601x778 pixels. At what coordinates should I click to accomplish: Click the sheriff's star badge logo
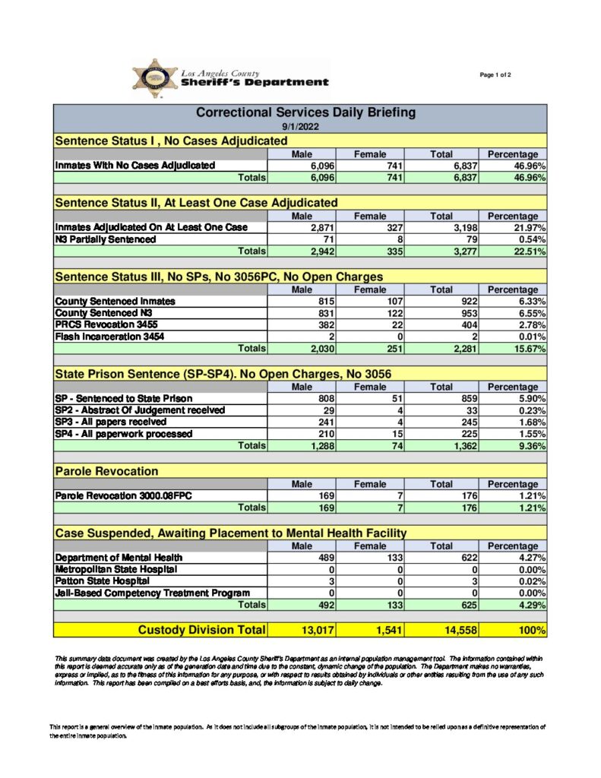[x=154, y=79]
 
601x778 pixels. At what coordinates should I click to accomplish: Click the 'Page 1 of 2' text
[x=495, y=74]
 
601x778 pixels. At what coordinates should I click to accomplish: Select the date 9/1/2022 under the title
[x=300, y=126]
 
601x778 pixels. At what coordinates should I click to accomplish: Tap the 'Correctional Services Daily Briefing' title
[x=305, y=112]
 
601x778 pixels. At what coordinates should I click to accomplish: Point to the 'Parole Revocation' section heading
[x=106, y=472]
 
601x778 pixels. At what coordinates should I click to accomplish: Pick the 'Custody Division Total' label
[x=201, y=630]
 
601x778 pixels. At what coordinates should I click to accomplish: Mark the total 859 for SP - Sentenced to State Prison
[x=463, y=398]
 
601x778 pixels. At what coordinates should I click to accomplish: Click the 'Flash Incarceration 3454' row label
[x=109, y=337]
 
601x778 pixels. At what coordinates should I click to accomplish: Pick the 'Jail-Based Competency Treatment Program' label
[x=152, y=593]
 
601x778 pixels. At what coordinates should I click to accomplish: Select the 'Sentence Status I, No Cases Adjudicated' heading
[x=171, y=141]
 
